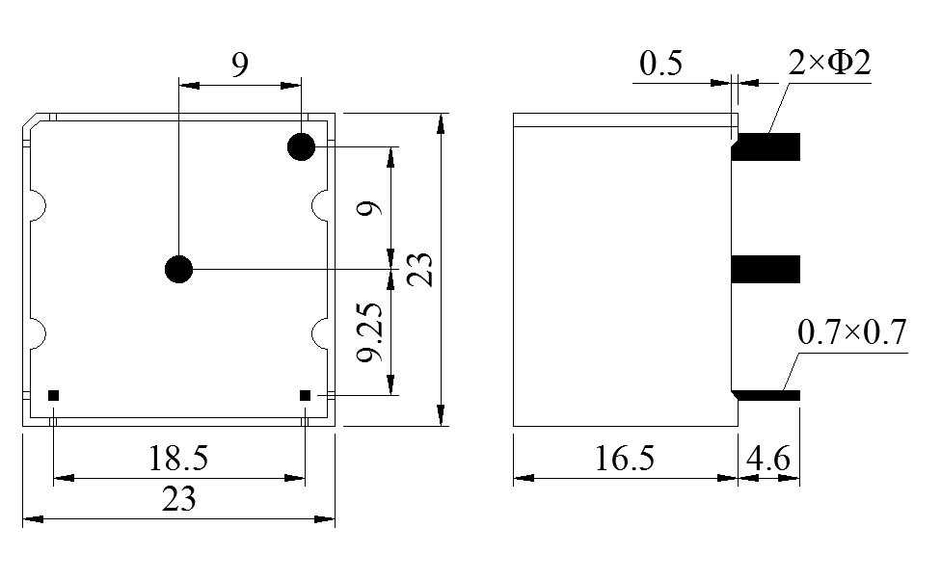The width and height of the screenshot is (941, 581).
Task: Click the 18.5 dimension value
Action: point(178,458)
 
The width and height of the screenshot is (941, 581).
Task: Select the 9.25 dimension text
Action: point(370,333)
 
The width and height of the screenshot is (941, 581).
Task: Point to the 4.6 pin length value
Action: point(768,458)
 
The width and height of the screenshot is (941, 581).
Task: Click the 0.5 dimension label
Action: point(660,65)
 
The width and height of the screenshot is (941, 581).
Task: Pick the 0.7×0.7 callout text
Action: point(852,333)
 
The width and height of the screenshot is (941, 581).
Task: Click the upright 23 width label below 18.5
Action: point(178,499)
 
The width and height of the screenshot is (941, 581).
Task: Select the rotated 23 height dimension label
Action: point(420,270)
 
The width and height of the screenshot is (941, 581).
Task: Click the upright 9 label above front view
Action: point(240,65)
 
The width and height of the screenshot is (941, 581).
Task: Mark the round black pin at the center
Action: point(178,270)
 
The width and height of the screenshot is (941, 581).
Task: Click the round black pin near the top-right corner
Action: point(301,147)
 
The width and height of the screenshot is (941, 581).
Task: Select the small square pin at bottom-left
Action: point(54,395)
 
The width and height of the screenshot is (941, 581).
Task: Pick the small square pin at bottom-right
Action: point(305,395)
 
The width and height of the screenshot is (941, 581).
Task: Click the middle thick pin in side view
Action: point(766,270)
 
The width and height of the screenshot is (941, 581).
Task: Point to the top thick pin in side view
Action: point(766,146)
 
